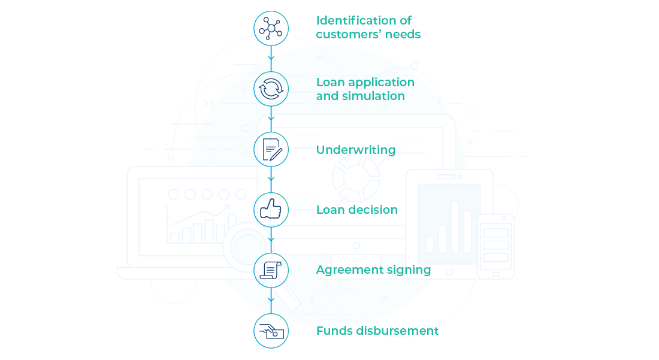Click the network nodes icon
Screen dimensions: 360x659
tap(271, 29)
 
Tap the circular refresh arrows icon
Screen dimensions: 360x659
tap(271, 89)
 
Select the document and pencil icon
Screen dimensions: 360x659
tap(271, 149)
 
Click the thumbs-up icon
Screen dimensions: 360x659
tap(271, 210)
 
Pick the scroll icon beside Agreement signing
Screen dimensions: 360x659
tap(271, 270)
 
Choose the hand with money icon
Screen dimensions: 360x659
tap(271, 331)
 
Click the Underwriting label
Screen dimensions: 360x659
tap(356, 150)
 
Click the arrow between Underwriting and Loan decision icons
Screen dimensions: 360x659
tap(271, 179)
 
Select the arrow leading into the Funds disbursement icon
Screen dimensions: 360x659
tap(271, 300)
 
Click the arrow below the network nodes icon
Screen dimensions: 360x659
tap(271, 58)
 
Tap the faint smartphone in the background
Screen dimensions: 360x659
tap(495, 246)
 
